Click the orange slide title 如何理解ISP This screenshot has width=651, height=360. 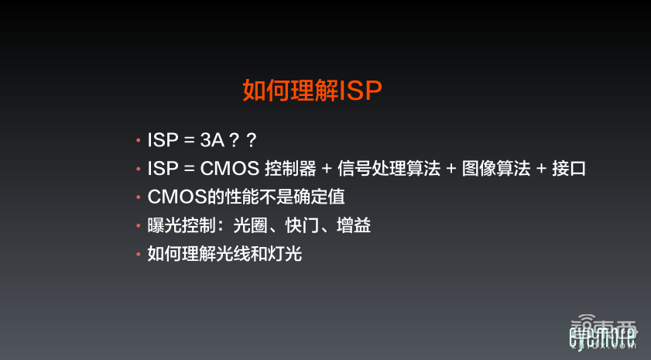point(313,91)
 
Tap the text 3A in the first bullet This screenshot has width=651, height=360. point(211,140)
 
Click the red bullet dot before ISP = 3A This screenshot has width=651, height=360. point(138,141)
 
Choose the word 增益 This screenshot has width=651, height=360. point(355,225)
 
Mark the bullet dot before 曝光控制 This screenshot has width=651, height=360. point(138,225)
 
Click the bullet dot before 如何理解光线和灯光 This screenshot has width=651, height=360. point(138,253)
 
